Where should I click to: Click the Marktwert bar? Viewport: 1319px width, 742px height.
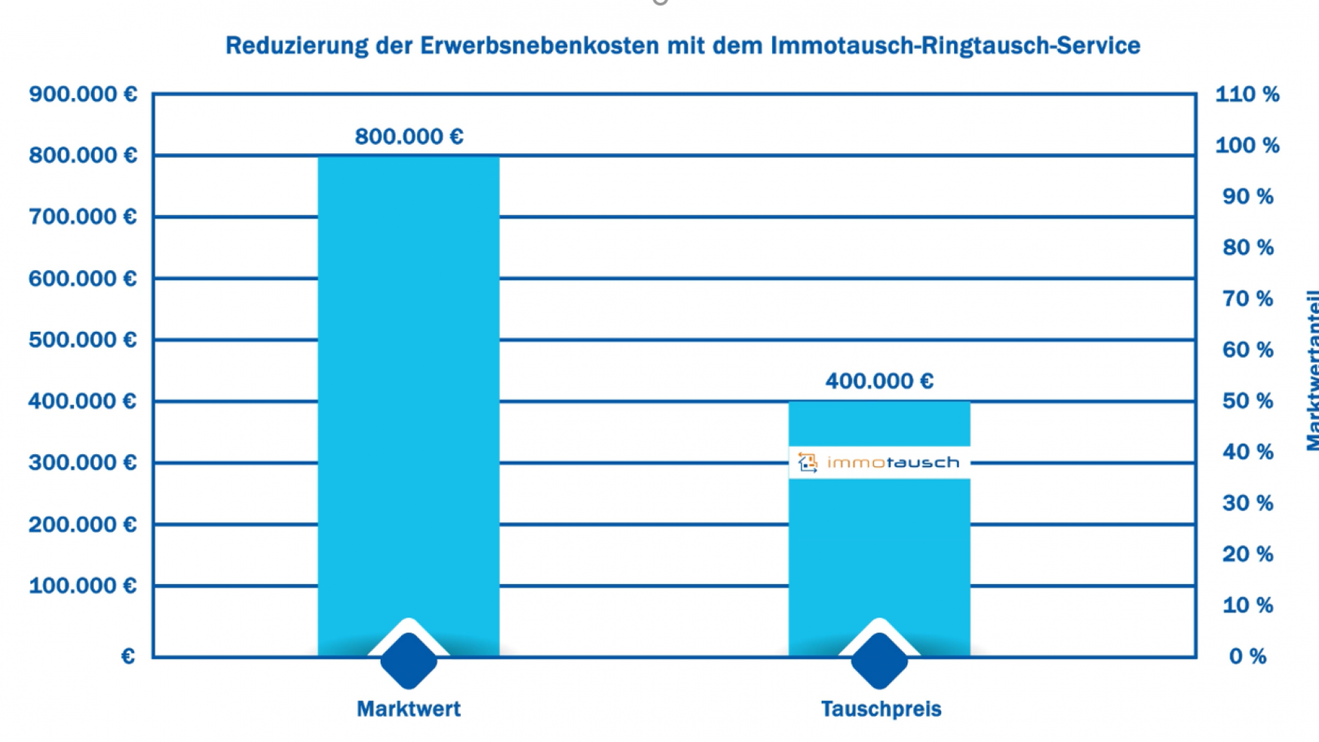(408, 385)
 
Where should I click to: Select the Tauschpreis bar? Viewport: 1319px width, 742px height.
(879, 550)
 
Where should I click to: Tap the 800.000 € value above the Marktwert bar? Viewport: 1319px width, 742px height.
(409, 137)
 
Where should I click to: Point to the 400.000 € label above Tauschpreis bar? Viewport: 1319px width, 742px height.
(879, 381)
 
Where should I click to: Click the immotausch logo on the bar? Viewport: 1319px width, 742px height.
(879, 462)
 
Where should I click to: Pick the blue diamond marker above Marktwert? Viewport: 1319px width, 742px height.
(409, 660)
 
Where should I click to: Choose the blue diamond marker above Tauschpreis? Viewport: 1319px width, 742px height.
(879, 660)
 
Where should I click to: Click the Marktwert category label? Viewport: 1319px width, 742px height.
(409, 709)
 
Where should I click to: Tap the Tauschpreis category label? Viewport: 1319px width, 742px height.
(881, 709)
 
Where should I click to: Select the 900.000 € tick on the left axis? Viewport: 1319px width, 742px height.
(82, 94)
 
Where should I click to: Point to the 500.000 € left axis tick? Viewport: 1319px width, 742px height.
(82, 340)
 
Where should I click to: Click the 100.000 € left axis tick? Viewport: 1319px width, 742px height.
(82, 586)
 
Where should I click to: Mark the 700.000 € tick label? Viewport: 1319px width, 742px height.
(82, 217)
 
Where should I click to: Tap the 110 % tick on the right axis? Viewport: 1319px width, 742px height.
(1247, 94)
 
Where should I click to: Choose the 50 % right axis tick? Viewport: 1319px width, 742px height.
(1248, 401)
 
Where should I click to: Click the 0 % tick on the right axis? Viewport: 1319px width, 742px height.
(1248, 657)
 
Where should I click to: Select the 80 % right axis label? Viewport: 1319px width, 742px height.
(1248, 247)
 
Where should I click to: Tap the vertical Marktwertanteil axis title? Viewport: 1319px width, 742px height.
(1311, 371)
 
